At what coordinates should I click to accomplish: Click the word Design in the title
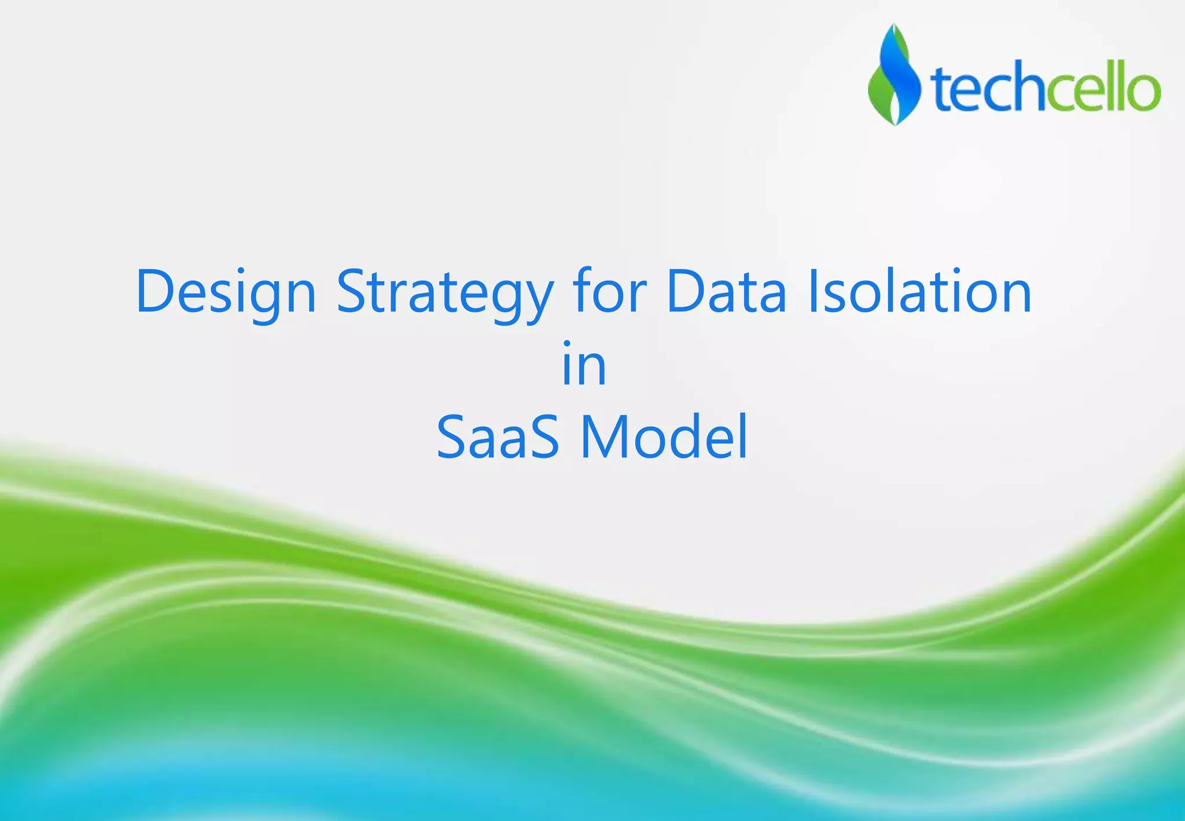click(x=226, y=292)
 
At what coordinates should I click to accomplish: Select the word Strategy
click(x=445, y=292)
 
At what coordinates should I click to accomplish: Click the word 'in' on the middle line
click(x=584, y=364)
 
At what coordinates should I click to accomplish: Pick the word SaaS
click(x=498, y=437)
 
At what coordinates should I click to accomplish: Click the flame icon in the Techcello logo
click(x=895, y=75)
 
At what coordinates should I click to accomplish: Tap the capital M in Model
click(x=604, y=437)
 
